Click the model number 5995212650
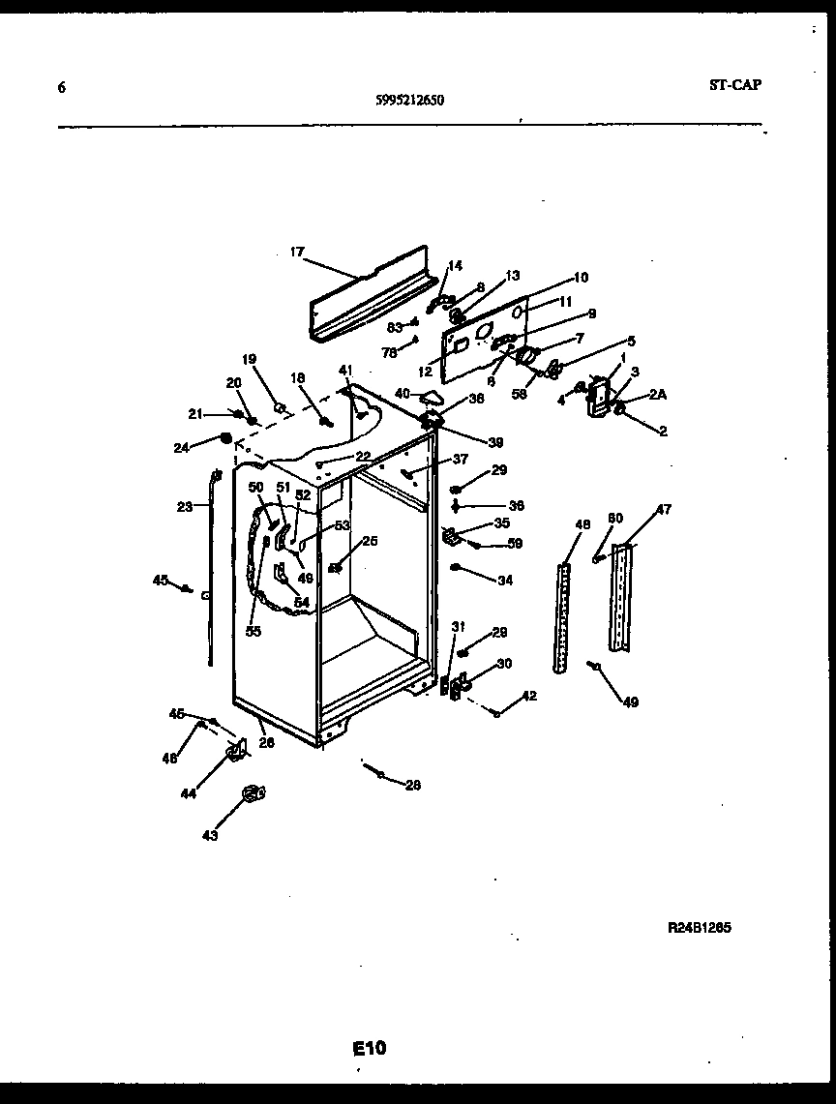(x=410, y=99)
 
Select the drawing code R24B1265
(x=699, y=926)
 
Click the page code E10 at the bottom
(x=369, y=1048)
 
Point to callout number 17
(x=296, y=253)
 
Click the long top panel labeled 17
(x=368, y=290)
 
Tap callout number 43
(x=210, y=835)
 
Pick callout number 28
(x=413, y=785)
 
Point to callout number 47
(x=664, y=509)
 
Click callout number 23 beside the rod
(x=184, y=505)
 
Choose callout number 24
(x=181, y=447)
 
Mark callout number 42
(x=529, y=696)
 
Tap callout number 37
(x=460, y=459)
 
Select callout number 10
(x=581, y=278)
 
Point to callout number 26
(x=266, y=743)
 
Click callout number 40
(x=402, y=393)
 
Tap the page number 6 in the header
(x=62, y=87)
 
